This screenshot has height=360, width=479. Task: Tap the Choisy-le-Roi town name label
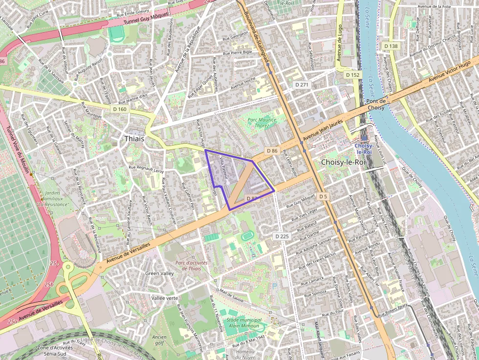pos(343,162)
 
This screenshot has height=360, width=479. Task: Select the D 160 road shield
pos(119,109)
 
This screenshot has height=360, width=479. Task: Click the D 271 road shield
pos(302,85)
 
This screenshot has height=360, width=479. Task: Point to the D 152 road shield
pos(352,75)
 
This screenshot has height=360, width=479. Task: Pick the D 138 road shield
pos(391,46)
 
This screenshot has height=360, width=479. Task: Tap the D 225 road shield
pos(282,236)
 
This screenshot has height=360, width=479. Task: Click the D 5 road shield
pos(323,196)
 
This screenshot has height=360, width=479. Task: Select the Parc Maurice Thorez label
pos(261,123)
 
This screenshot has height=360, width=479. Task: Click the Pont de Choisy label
pos(376,104)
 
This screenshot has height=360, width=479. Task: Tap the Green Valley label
pos(159,274)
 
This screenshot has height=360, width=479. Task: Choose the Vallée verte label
pos(165,298)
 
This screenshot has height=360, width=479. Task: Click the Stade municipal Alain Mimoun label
pos(244,323)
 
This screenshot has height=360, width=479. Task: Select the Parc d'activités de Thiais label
pos(191,265)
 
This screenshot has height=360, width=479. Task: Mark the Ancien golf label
pos(159,340)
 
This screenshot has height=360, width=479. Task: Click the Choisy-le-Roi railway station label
pos(364,149)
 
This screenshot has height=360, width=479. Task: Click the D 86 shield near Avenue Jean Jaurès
pos(272,151)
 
